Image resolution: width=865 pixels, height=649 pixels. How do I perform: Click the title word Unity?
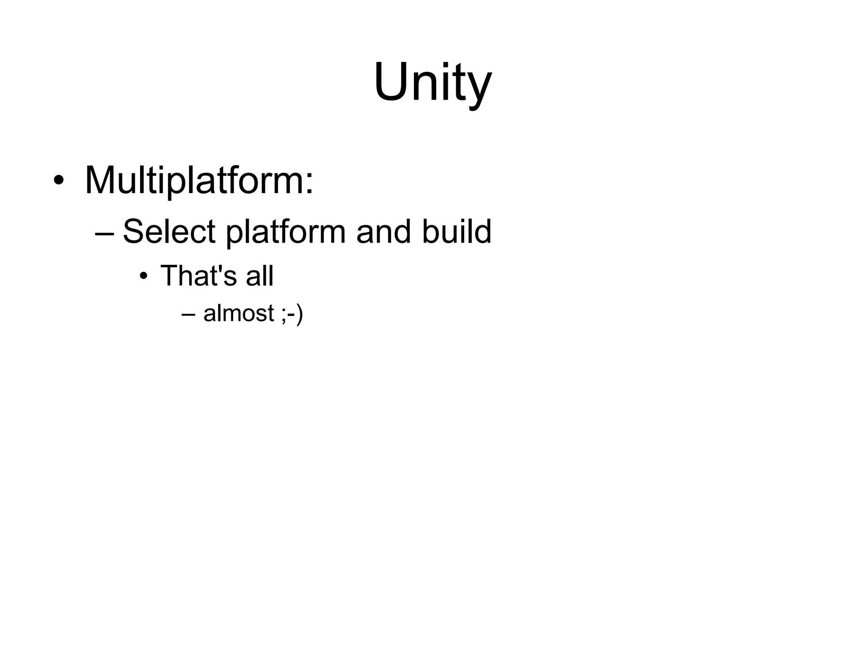pos(432,82)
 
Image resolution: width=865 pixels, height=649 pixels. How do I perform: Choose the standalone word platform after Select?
pos(286,233)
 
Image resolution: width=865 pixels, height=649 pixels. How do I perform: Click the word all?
pos(259,275)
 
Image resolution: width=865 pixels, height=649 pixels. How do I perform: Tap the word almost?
pos(239,314)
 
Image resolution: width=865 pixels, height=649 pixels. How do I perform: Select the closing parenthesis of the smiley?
pos(299,314)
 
